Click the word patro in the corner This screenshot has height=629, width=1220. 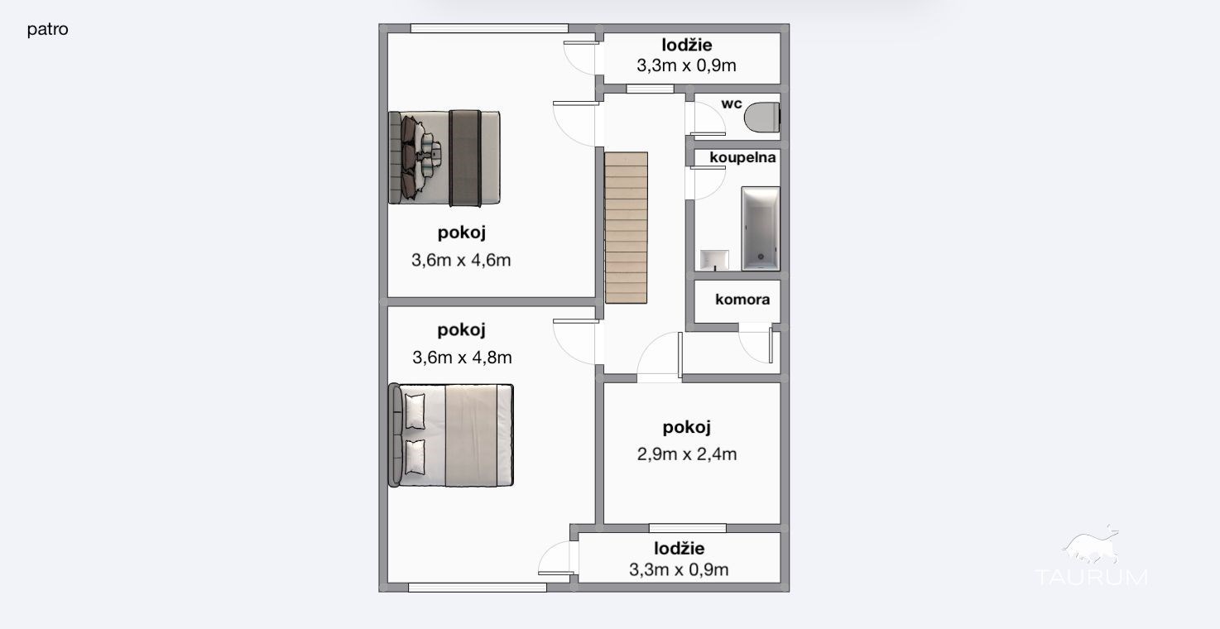47,30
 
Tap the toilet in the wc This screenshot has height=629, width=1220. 762,117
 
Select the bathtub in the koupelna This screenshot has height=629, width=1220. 761,228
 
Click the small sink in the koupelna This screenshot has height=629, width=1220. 714,260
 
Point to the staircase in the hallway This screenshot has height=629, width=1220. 627,228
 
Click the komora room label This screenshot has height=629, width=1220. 742,300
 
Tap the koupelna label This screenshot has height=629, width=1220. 742,157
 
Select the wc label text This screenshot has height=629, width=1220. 732,103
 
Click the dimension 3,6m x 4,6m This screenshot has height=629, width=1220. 461,261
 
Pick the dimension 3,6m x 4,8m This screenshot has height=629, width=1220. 462,358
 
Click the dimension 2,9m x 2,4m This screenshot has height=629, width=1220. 687,454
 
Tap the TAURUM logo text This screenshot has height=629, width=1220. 1092,577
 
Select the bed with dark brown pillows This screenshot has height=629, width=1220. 444,158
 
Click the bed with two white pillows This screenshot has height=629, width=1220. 451,435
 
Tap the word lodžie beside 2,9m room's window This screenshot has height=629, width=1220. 680,549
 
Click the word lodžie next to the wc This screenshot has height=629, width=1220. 687,46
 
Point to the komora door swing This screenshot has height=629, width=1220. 756,343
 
